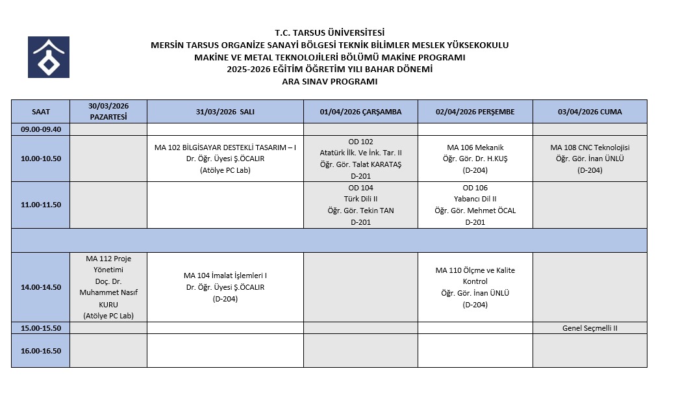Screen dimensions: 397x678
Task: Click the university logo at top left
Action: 48,57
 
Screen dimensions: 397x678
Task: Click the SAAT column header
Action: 40,112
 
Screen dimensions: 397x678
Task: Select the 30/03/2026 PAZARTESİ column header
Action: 108,112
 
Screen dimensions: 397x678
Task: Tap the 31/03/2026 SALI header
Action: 225,112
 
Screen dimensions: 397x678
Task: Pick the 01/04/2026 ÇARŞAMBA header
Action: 360,112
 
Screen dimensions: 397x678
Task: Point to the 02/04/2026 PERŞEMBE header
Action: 475,112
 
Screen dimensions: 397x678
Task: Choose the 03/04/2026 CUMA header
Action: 590,112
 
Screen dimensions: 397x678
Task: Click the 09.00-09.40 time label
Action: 40,129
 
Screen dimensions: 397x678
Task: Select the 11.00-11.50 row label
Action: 40,205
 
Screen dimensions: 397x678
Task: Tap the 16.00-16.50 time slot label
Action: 40,351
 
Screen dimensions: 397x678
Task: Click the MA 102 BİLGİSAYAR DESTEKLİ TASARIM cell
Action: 225,159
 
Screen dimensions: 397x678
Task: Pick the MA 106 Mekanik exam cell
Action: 475,159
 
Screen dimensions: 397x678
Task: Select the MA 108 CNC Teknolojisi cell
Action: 590,159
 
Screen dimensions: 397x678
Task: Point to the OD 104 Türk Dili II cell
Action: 360,205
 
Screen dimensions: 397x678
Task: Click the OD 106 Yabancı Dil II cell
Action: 475,205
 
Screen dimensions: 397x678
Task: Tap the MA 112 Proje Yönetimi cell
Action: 108,287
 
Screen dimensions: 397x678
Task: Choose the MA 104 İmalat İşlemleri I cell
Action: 225,287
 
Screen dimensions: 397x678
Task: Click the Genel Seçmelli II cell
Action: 590,328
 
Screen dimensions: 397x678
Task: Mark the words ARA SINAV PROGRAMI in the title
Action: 329,82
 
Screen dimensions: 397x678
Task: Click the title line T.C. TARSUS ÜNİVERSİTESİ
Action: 329,32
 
